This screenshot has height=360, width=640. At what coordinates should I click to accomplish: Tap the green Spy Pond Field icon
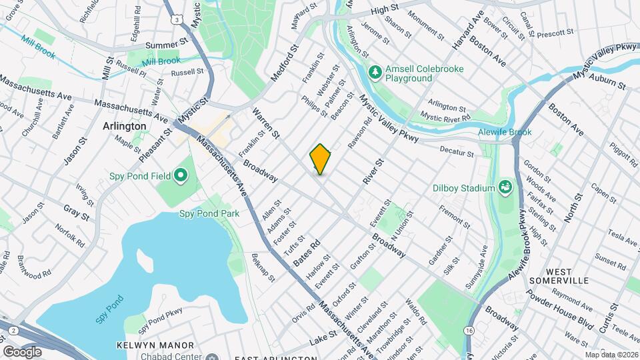point(180,177)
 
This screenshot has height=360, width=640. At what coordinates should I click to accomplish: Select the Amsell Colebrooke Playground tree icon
point(375,70)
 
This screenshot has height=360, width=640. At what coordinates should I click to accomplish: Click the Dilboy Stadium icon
point(505,188)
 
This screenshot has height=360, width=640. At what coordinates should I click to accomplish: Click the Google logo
point(22,351)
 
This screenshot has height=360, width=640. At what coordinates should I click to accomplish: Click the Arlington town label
point(124,126)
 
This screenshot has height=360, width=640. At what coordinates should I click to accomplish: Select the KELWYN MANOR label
point(155,345)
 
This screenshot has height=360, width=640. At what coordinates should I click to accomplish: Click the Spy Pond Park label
point(209,214)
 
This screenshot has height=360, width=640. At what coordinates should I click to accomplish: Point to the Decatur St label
point(457,153)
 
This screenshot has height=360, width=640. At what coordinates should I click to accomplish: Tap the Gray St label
point(76,211)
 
